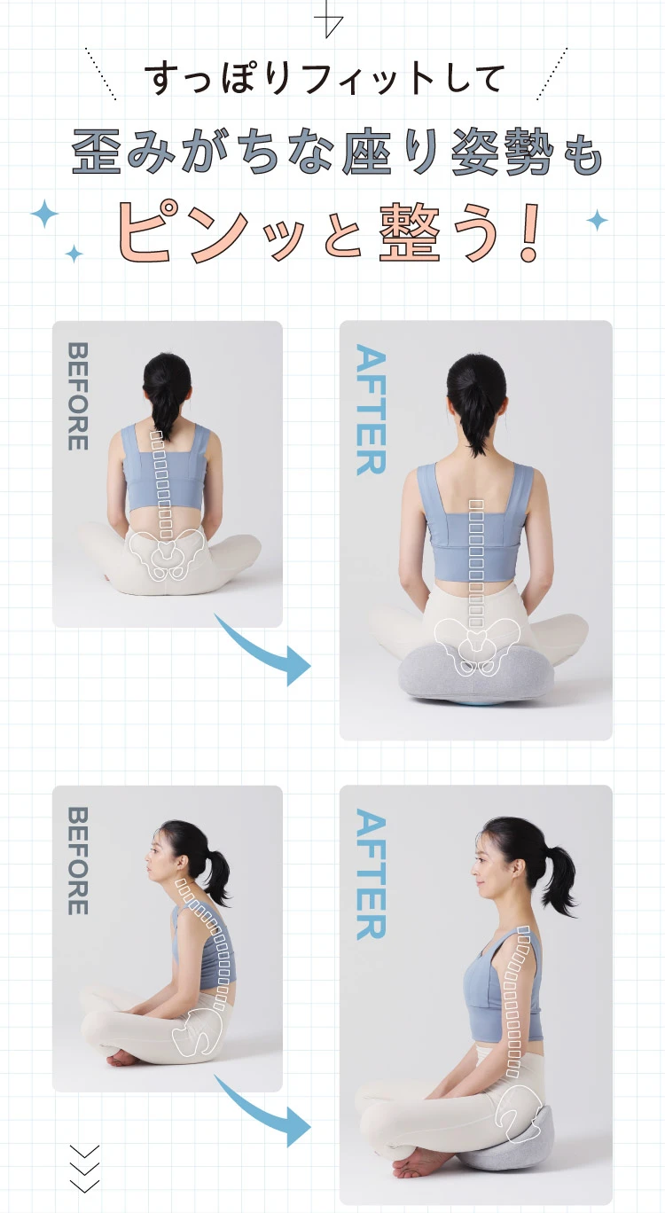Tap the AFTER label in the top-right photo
[x=372, y=410]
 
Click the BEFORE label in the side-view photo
[x=78, y=861]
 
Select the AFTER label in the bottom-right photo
[x=372, y=874]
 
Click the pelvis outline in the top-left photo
[x=168, y=552]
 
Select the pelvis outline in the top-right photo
[x=476, y=646]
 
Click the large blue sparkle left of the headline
[x=44, y=214]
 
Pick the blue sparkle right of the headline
[x=598, y=220]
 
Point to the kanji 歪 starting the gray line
[x=97, y=151]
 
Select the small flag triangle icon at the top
[x=328, y=20]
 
